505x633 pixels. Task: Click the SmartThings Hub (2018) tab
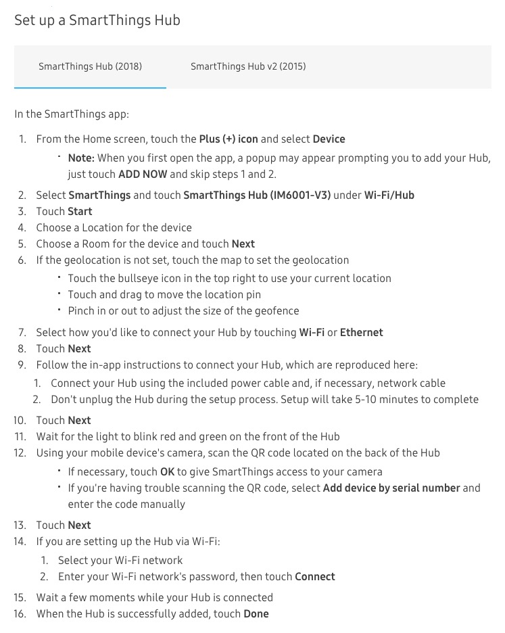(90, 66)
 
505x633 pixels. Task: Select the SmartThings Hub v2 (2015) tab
(247, 66)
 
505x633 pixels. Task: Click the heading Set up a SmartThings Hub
(97, 20)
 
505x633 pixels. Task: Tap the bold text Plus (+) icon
(229, 139)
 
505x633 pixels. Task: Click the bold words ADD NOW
(143, 174)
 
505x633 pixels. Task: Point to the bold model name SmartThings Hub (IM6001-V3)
(257, 195)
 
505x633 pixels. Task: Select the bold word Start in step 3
(80, 211)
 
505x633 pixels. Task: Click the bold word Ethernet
(361, 332)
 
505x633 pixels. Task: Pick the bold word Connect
(314, 576)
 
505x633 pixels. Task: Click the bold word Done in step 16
(256, 613)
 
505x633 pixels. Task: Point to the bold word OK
(168, 471)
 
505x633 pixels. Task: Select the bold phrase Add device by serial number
(391, 488)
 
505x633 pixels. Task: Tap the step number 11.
(20, 436)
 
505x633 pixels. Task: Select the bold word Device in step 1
(329, 139)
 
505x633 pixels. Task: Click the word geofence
(276, 310)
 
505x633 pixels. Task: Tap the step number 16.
(20, 613)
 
